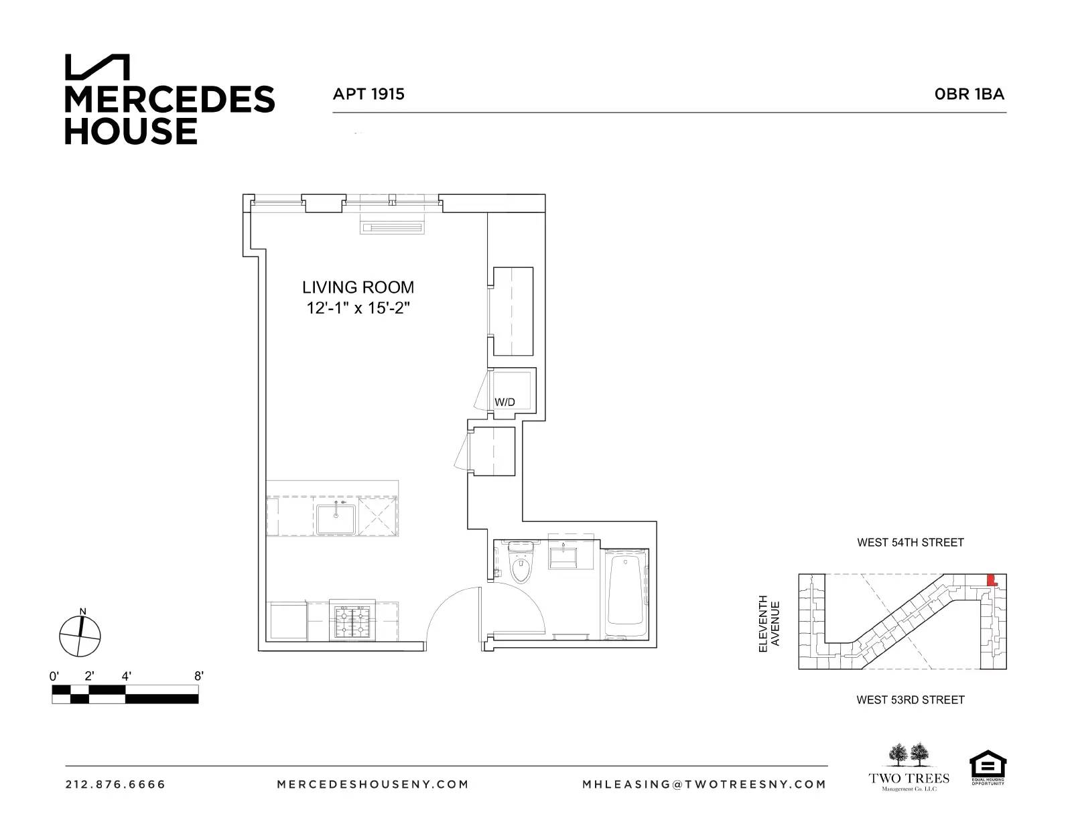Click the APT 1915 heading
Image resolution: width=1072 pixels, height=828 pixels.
coord(368,94)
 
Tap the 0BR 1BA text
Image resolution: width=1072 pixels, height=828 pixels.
coord(969,94)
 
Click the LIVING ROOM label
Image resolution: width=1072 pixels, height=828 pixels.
coord(358,287)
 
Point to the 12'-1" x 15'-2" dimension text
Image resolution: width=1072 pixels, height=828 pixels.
coord(358,308)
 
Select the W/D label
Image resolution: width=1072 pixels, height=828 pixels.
coord(505,402)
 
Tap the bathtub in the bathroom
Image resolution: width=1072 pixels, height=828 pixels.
coord(626,594)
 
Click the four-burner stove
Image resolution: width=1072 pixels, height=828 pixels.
coord(352,622)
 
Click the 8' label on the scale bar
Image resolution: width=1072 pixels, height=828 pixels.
coord(198,676)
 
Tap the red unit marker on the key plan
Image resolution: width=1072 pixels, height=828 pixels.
coord(993,580)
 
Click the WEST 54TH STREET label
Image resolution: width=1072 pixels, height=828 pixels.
coord(910,543)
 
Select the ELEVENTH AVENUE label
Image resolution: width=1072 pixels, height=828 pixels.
coord(768,624)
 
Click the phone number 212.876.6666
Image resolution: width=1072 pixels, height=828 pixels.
coord(115,784)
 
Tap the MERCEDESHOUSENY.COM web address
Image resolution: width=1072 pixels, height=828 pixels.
coord(373,784)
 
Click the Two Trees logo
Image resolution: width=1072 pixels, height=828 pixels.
coord(909,768)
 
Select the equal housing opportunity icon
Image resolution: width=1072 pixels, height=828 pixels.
coord(988,768)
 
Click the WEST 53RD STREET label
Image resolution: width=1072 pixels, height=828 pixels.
coord(910,700)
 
